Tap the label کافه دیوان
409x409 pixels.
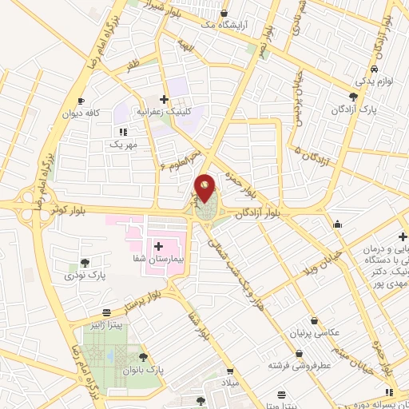[x=81, y=113]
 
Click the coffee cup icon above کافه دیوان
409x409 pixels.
[x=81, y=101]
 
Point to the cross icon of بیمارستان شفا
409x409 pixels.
[x=157, y=246]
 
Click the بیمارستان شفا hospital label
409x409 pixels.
[x=157, y=260]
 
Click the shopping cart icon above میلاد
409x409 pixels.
[x=228, y=372]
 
